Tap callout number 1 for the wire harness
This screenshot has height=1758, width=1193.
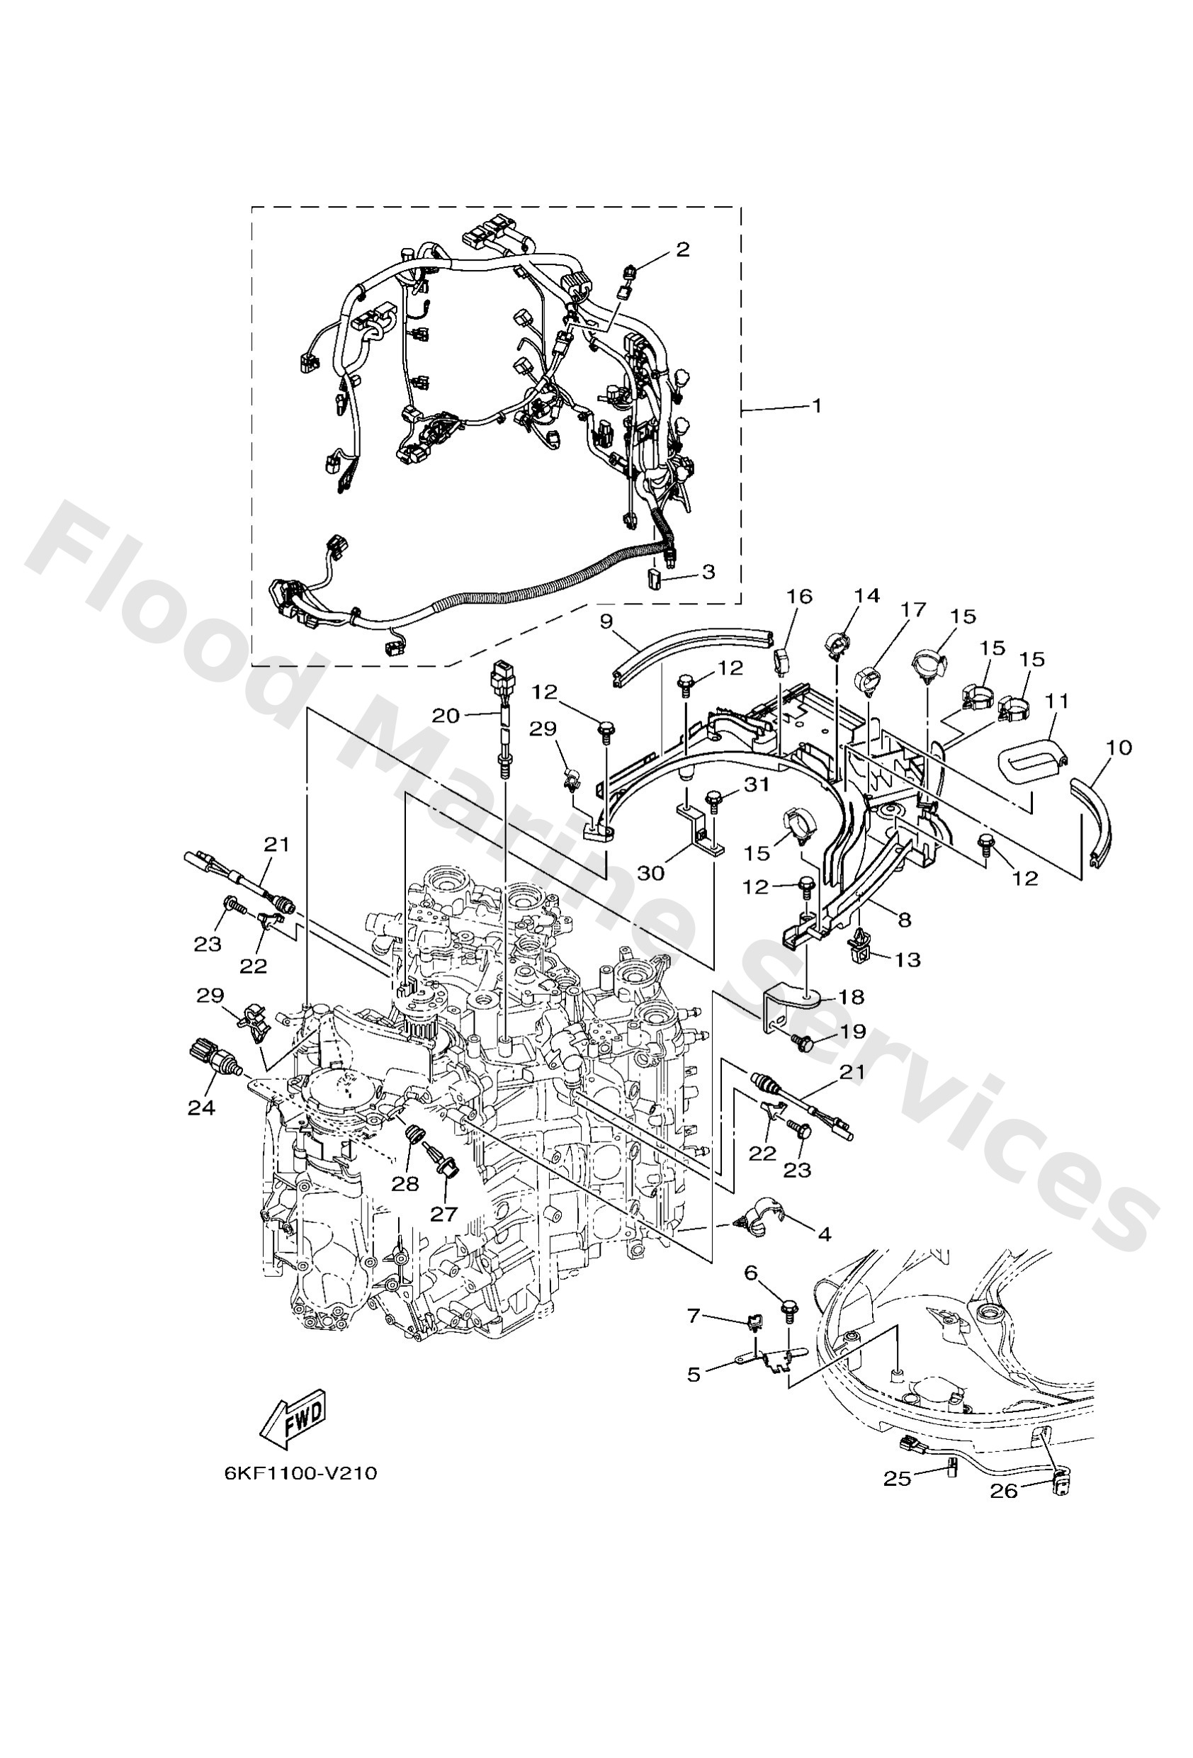[x=816, y=405]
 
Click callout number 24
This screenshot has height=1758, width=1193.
[x=201, y=1108]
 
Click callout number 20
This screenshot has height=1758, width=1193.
[x=446, y=715]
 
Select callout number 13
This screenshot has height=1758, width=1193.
[x=908, y=960]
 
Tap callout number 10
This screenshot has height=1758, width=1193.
[x=1119, y=748]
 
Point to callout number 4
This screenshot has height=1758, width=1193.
[x=824, y=1235]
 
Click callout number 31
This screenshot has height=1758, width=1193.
[x=756, y=784]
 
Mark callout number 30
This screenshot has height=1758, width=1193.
[x=650, y=873]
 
